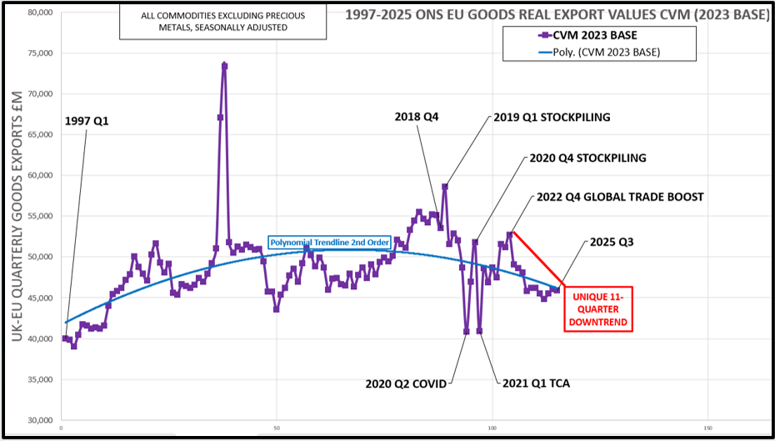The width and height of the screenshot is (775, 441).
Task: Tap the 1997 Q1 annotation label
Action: click(87, 121)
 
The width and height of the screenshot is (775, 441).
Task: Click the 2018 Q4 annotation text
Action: click(417, 117)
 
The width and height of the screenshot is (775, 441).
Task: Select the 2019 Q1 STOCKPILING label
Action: click(552, 117)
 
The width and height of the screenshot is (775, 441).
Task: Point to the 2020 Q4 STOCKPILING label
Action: click(587, 158)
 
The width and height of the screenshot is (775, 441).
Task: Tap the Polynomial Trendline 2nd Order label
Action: click(328, 243)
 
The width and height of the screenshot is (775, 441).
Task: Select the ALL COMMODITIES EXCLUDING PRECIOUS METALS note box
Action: click(222, 22)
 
